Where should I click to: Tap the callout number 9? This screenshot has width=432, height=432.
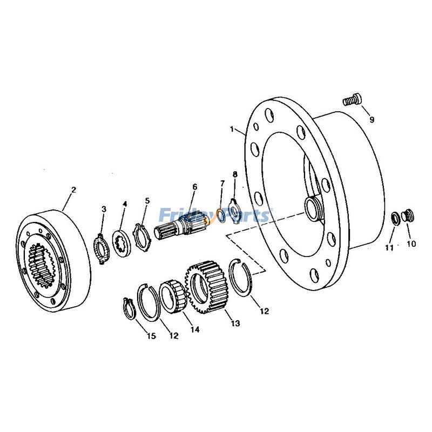(372, 119)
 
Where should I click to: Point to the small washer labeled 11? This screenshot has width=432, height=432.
(396, 218)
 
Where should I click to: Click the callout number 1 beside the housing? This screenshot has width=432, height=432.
(232, 130)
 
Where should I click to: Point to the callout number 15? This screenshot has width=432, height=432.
(151, 336)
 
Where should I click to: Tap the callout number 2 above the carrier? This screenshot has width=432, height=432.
(73, 190)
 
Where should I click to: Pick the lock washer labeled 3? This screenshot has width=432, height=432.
(100, 246)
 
